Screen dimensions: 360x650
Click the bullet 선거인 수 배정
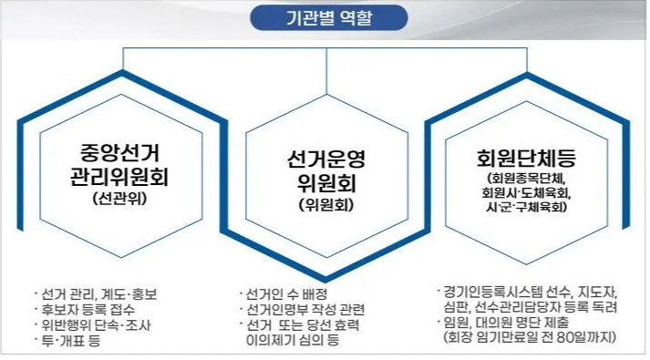(x=287, y=293)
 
